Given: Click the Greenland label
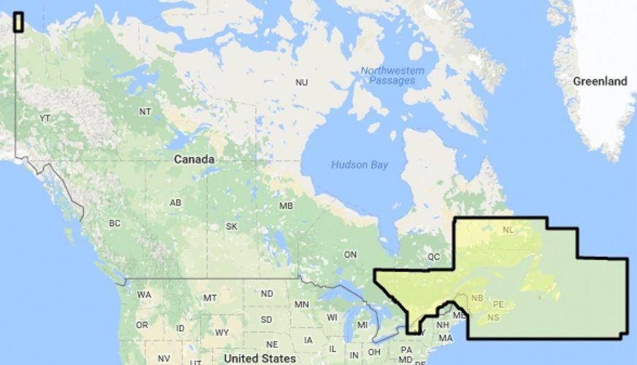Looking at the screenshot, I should click(x=599, y=81).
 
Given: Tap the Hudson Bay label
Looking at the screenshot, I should click(x=359, y=165).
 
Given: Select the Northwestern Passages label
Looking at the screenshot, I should click(x=392, y=75).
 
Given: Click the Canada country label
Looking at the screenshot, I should click(x=194, y=159).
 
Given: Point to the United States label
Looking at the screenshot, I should click(x=260, y=358).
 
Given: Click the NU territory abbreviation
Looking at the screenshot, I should click(x=301, y=82).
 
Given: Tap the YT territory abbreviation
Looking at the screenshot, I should click(x=45, y=118).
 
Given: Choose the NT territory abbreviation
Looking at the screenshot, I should click(x=145, y=112).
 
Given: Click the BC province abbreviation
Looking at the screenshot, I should click(x=115, y=223).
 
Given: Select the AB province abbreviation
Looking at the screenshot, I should click(x=175, y=203).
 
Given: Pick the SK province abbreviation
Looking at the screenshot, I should click(x=232, y=226).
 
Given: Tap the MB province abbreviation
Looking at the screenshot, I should click(x=286, y=206).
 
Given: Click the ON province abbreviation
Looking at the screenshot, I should click(x=351, y=254).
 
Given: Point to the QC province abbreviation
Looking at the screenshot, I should click(x=434, y=257).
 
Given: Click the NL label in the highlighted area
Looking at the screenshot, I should click(x=508, y=231).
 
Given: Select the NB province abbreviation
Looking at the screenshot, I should click(x=477, y=297).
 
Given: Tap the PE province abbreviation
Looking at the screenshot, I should click(x=499, y=304).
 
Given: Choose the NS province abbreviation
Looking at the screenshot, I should click(x=494, y=317).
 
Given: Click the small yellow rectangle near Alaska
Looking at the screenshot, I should click(x=18, y=23).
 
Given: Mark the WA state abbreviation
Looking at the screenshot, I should click(x=144, y=295).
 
